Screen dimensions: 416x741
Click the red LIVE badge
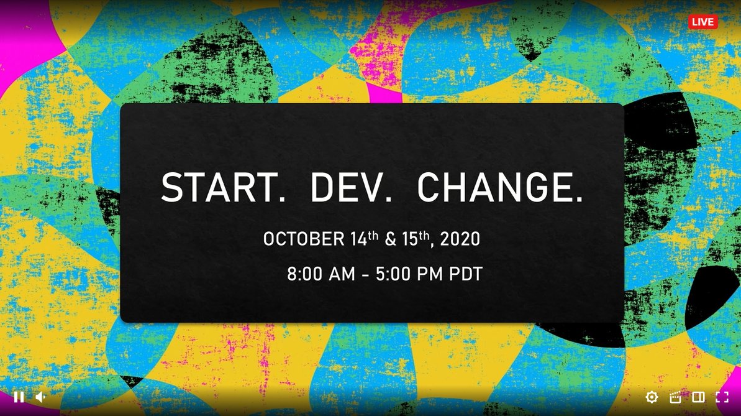click(702, 22)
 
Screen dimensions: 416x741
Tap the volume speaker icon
click(40, 397)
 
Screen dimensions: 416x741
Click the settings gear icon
click(652, 397)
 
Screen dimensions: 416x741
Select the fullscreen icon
click(722, 397)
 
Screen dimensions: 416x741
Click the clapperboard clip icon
click(675, 397)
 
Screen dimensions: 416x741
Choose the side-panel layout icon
click(698, 397)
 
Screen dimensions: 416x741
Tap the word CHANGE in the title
click(500, 188)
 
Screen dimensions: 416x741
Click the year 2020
click(460, 239)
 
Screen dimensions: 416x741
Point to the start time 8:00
click(308, 274)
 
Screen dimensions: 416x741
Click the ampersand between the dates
click(390, 239)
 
